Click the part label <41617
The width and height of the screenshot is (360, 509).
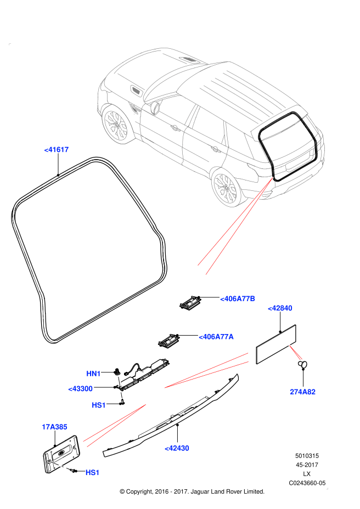tap(57, 149)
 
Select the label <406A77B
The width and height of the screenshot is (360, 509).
tap(238, 299)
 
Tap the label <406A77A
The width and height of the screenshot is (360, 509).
tap(216, 336)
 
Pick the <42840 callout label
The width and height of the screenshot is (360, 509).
tap(280, 308)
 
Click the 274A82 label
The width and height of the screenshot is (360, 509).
tap(303, 392)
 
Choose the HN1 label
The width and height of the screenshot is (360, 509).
tap(94, 374)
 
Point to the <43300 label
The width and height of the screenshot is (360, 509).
tap(80, 388)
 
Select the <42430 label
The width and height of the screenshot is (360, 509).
tap(177, 448)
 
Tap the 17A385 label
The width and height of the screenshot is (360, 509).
tap(54, 426)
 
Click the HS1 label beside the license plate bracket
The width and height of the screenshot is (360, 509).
tap(93, 472)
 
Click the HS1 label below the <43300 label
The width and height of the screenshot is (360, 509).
tap(99, 405)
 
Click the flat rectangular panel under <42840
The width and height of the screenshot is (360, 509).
tap(277, 344)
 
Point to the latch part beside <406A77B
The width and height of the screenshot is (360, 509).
tap(190, 302)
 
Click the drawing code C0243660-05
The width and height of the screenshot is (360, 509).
tap(307, 483)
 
